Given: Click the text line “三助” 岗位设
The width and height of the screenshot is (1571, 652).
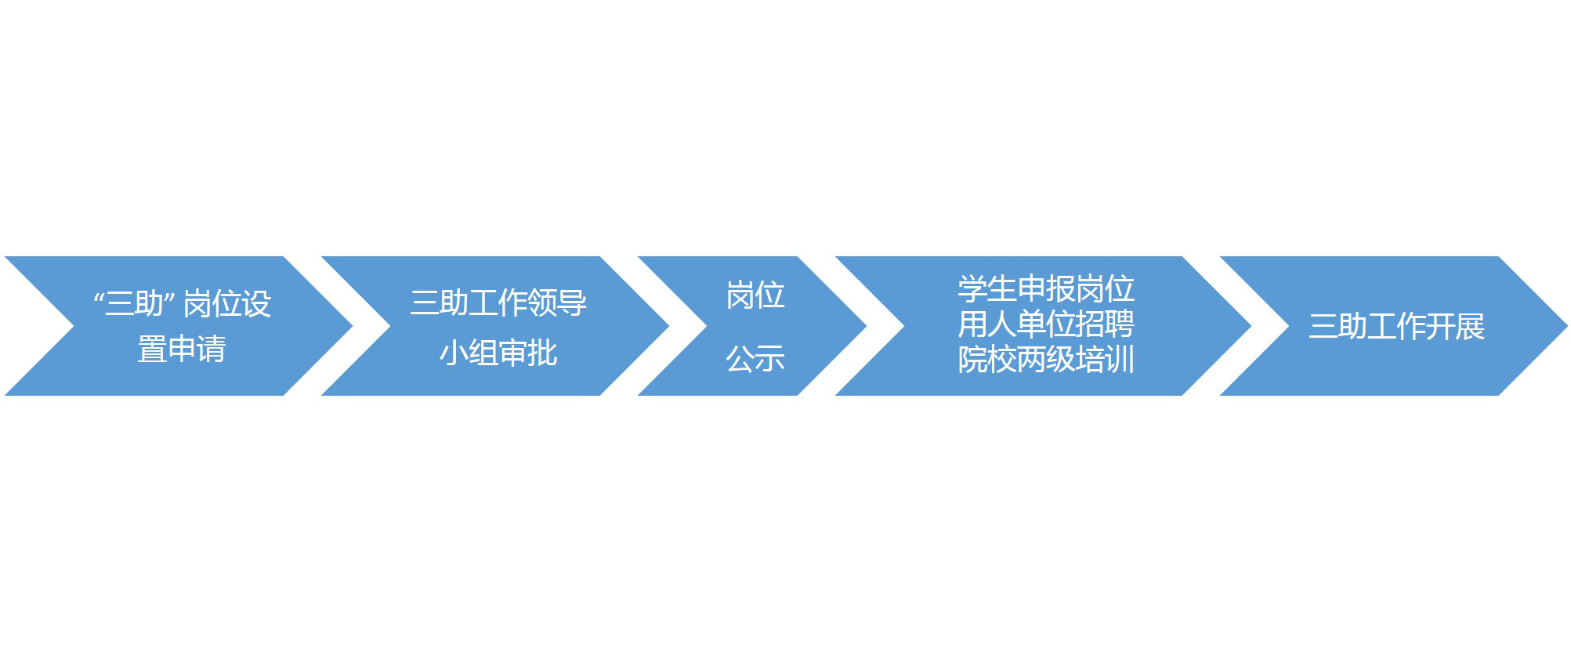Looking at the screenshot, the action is pos(183,303).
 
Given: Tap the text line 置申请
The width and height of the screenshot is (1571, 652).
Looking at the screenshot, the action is pos(182,349).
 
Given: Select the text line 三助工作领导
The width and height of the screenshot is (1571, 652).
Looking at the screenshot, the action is pos(498,302).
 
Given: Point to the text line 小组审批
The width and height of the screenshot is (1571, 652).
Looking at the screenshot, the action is pos(498,353).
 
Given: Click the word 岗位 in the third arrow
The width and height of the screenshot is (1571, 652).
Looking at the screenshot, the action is pos(755,295).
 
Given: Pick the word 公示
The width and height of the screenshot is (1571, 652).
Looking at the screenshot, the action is pos(755,359).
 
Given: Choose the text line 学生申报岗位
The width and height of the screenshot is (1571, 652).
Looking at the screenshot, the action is pos(1046,288).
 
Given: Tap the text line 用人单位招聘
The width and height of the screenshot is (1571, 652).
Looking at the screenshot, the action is pos(1046,324).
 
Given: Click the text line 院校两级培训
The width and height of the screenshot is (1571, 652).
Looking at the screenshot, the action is pos(1046,360).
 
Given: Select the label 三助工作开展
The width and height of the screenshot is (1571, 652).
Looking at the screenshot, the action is pos(1396,326).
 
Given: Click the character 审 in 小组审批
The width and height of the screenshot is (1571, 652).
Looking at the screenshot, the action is pos(513,353).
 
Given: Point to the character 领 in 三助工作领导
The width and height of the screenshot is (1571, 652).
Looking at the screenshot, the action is pos(543,302).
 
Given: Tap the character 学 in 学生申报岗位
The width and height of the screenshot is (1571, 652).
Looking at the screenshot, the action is pos(972,288).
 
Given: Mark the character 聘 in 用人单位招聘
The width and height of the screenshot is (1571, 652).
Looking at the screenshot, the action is pos(1120,324).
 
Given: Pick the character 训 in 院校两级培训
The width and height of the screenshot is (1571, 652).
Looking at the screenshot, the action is pos(1120,360).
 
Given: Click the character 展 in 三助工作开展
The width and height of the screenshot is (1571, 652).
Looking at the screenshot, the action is pos(1471,326).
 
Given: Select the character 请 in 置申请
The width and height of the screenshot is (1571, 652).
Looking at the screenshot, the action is pos(212,349).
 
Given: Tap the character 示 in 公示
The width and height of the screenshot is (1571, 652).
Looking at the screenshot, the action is pos(770,359).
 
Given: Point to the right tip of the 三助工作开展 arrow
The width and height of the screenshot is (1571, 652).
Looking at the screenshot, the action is pos(1567,326).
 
